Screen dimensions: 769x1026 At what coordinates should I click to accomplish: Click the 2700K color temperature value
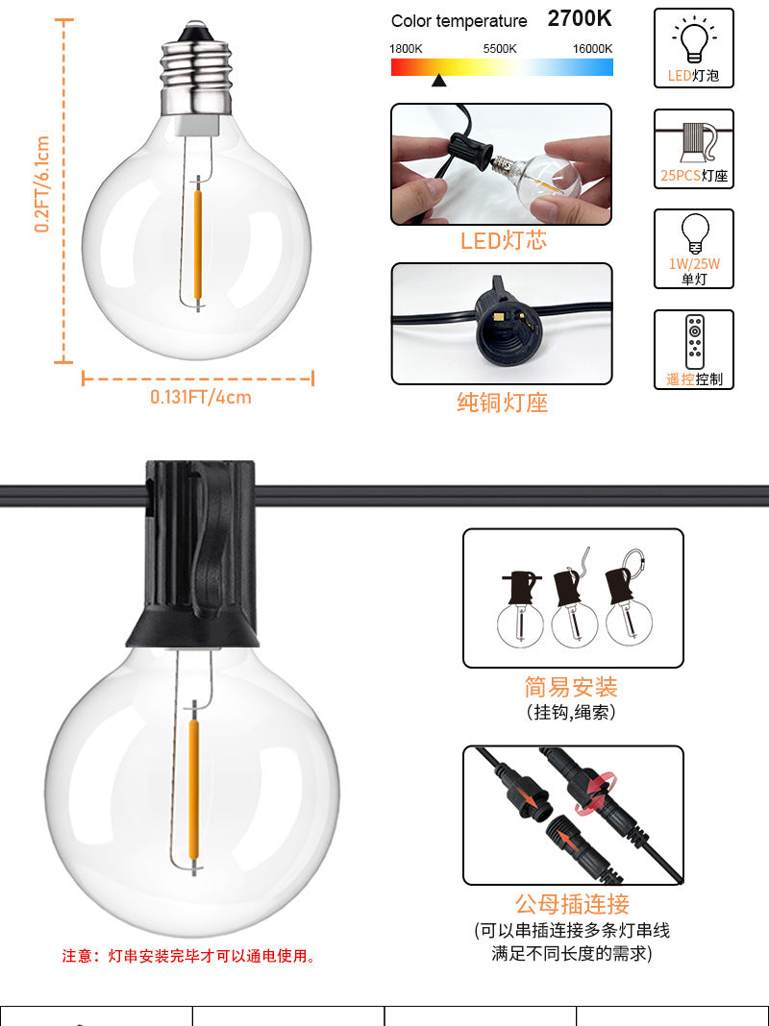[x=580, y=19]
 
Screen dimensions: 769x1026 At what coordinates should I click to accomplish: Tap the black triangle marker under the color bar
[x=439, y=81]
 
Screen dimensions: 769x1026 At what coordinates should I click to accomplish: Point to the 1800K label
[x=406, y=49]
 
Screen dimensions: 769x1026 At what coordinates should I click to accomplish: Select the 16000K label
[x=592, y=49]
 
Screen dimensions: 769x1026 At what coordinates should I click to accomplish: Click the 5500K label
[x=500, y=49]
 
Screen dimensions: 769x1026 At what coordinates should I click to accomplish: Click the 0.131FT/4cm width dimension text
[x=201, y=397]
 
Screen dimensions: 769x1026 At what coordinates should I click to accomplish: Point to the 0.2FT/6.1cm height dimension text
[x=42, y=183]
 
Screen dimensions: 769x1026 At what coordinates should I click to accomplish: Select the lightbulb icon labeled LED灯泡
[x=694, y=40]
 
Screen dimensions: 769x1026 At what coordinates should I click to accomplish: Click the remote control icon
[x=694, y=342]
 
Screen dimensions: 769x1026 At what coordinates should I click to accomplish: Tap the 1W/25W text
[x=694, y=263]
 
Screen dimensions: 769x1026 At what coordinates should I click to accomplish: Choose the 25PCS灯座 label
[x=694, y=176]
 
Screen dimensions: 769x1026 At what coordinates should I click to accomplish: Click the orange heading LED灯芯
[x=504, y=241]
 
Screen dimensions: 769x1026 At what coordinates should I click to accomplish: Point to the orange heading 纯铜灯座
[x=502, y=403]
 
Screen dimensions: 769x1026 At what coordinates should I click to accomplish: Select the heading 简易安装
[x=571, y=687]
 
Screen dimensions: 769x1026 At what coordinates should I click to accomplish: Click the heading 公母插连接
[x=572, y=904]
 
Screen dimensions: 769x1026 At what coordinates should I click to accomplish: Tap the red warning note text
[x=188, y=956]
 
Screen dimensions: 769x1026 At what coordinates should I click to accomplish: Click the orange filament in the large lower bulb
[x=194, y=791]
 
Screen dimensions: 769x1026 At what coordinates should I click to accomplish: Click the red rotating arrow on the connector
[x=596, y=794]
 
